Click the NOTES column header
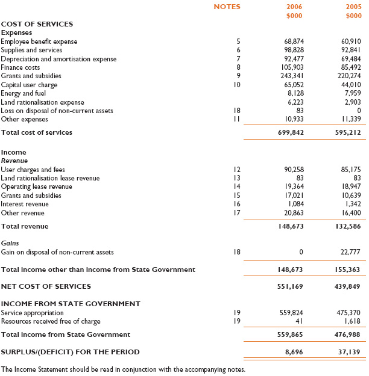coord(227,7)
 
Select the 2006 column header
coord(294,7)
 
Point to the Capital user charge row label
coord(30,85)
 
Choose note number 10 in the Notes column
coord(236,85)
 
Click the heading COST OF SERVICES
coord(37,24)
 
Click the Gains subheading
coord(10,243)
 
